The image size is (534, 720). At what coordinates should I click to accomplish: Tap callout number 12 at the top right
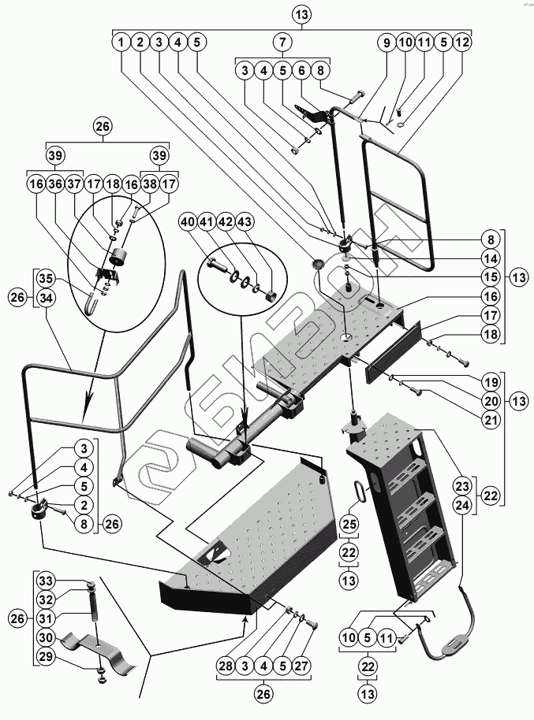pos(463,41)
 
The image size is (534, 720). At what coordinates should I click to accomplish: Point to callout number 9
pos(386,41)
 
